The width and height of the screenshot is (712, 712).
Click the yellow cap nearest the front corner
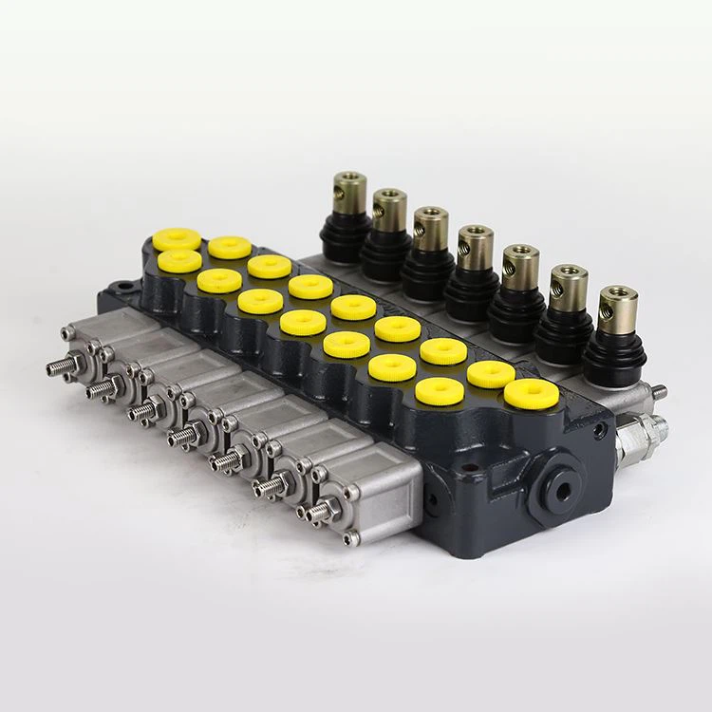coord(529,392)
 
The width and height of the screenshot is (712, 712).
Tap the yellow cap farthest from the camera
coord(177,239)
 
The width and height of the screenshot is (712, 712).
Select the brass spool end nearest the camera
coord(618,308)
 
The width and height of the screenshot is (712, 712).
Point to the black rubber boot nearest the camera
coord(614,362)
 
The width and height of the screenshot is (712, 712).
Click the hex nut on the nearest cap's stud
coord(329,510)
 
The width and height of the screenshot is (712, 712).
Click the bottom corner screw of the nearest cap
coord(352,538)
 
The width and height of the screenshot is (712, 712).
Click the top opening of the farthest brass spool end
coord(350,177)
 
